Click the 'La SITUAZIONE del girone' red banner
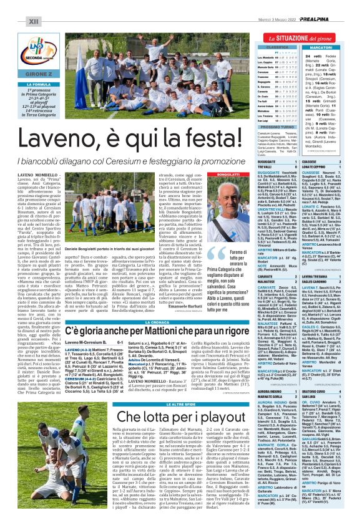coord(299,37)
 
